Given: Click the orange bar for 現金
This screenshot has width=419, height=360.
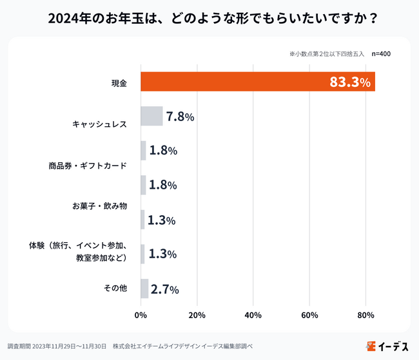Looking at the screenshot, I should tap(258, 82).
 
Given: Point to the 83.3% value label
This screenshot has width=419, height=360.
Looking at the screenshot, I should tap(350, 82).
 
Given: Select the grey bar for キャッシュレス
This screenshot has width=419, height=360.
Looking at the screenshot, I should tap(151, 116).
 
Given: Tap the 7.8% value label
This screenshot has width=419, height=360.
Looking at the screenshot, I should tap(180, 117).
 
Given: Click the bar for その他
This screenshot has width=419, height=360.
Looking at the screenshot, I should tap(144, 289).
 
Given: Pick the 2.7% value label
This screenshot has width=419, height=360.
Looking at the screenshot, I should tap(164, 289).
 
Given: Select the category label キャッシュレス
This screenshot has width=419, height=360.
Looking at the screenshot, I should tap(99, 123).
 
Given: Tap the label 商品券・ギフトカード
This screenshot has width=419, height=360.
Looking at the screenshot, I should tap(87, 165).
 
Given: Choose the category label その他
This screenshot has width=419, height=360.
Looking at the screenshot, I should tap(115, 289).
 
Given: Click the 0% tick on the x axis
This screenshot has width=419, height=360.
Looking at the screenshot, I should tap(141, 315).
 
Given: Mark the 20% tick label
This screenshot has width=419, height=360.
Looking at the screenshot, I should tap(197, 315).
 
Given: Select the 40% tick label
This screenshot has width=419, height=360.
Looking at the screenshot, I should tap(253, 315).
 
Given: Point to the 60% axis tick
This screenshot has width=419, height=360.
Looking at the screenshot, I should tap(309, 315).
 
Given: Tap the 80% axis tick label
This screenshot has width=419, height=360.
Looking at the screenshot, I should tap(365, 315).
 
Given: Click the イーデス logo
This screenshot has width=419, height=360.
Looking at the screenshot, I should tap(387, 346).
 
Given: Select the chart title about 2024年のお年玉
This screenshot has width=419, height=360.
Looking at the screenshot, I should tap(209, 18).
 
